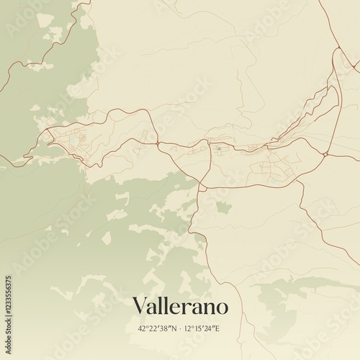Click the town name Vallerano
click(180, 306)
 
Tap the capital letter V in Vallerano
click(139, 306)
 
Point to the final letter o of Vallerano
click(222, 307)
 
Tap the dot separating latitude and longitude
click(181, 329)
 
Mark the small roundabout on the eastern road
click(325, 153)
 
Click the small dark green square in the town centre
click(218, 148)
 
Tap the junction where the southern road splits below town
click(201, 186)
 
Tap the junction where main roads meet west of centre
click(158, 143)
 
